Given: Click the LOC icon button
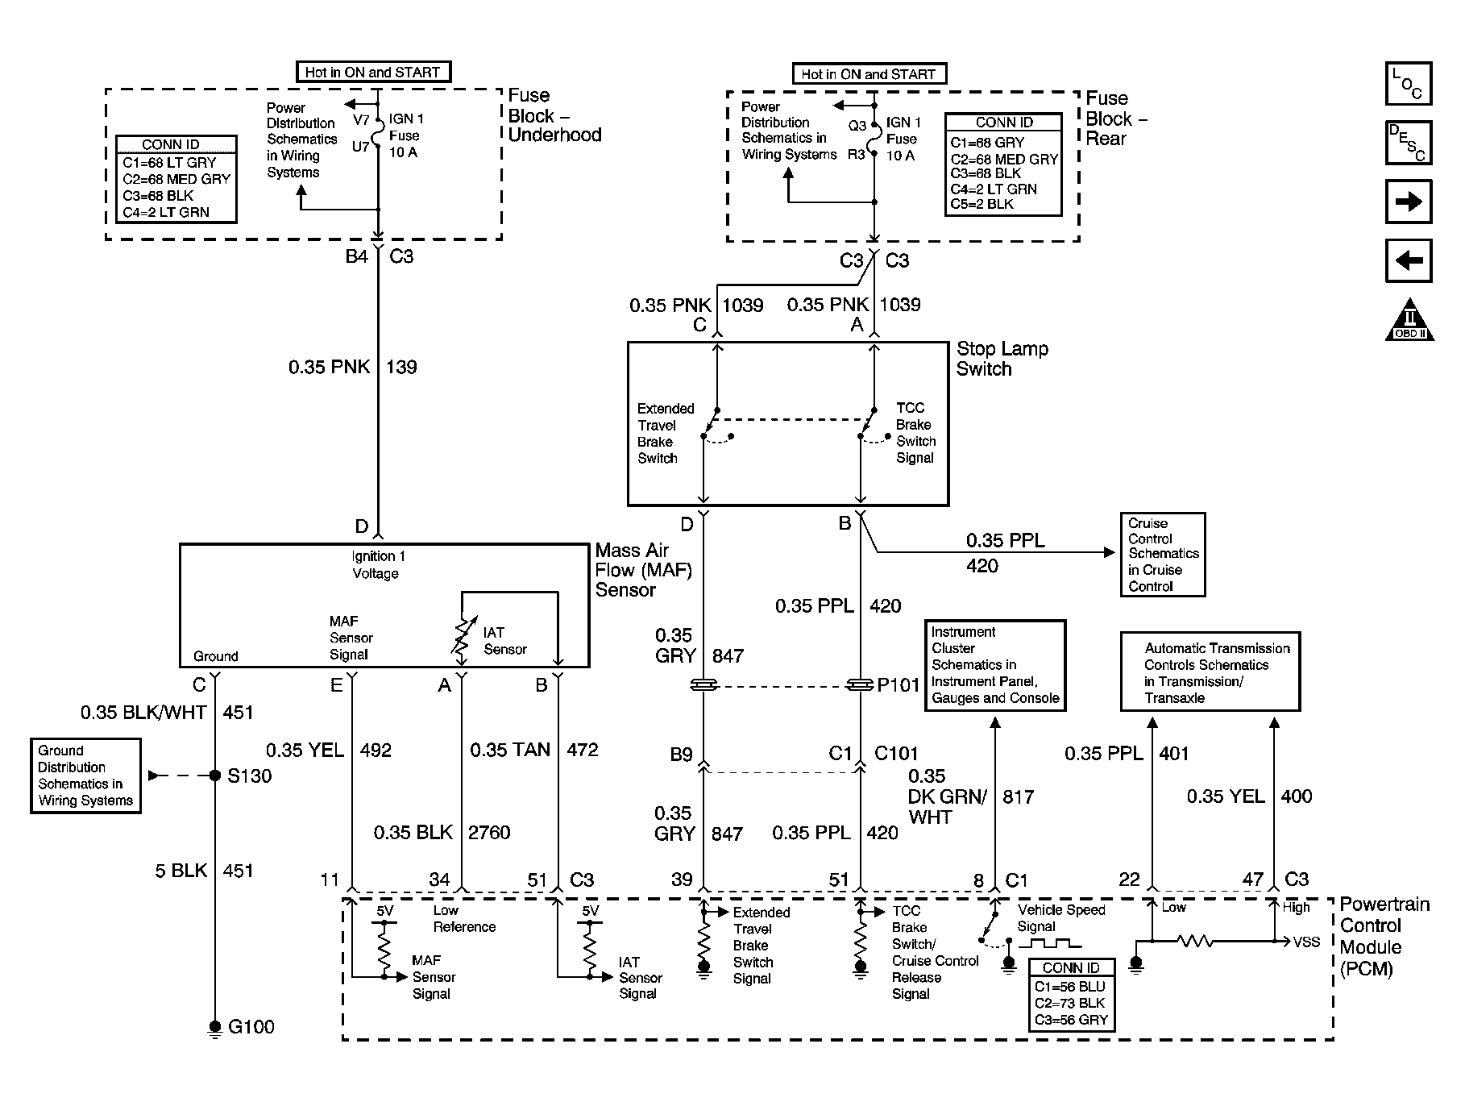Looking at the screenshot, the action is (x=1409, y=84).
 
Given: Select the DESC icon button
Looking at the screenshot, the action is (x=1409, y=143).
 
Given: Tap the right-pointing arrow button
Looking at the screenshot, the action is (x=1409, y=202).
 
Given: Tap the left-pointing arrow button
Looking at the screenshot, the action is (x=1409, y=260).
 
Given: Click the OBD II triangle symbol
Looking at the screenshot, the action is (x=1410, y=319).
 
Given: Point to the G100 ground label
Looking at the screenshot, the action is (x=251, y=1027).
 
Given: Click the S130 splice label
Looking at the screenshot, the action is (x=250, y=776).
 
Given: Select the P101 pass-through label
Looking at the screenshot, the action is (x=899, y=685).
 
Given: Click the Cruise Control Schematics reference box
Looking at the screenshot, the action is (x=1163, y=555).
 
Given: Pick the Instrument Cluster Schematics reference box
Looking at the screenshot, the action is (x=996, y=666).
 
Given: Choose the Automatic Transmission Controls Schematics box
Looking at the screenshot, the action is (x=1210, y=672).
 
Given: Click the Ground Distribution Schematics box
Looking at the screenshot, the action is (x=85, y=776).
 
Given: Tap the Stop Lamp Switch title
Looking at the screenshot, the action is (x=1002, y=359).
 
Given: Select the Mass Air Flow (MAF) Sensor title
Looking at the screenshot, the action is (x=643, y=570).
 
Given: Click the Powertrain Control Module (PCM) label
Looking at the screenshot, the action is (x=1384, y=937).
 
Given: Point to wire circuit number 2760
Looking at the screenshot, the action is (x=489, y=833).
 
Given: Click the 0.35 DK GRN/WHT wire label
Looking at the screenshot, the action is (x=948, y=796).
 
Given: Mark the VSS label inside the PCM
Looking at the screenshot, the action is (x=1306, y=942).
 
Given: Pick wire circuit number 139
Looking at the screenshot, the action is (x=401, y=368).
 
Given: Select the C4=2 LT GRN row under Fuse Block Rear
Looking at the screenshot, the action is (x=994, y=189).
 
